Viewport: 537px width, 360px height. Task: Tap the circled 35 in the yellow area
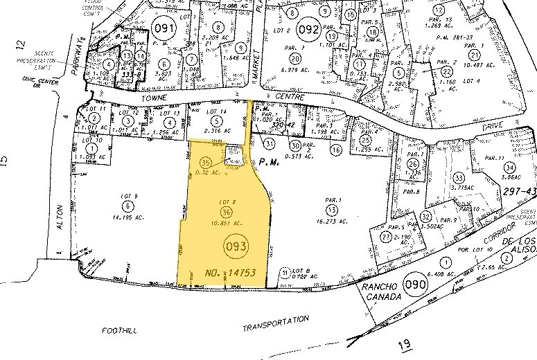(204, 162)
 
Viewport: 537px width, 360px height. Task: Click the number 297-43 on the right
(520, 191)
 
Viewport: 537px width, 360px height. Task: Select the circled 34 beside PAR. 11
(510, 167)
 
